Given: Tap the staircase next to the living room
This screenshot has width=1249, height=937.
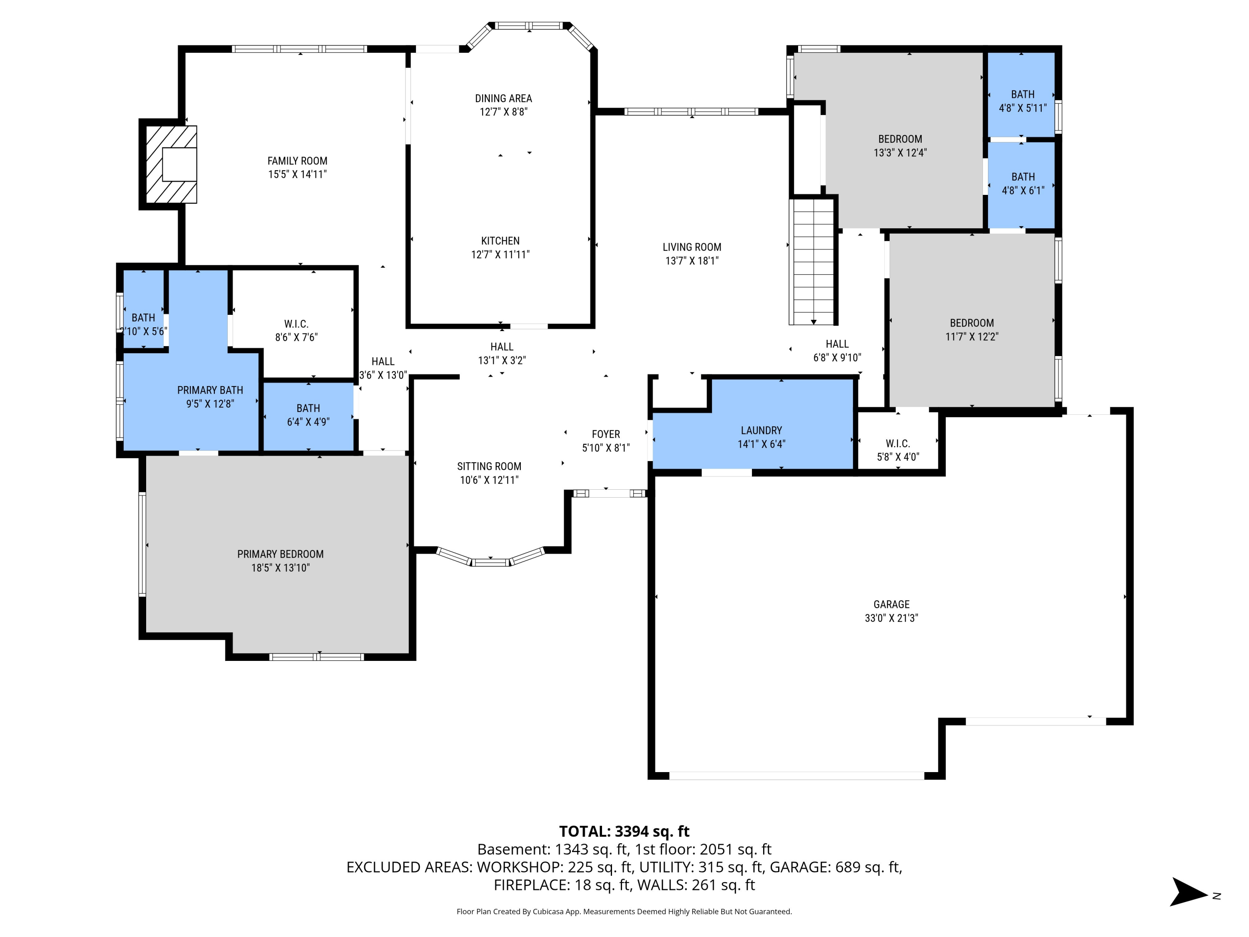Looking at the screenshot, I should (x=813, y=261).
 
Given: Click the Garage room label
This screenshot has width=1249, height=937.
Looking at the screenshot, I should (x=891, y=604).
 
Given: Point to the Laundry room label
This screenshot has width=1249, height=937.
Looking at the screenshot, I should (x=761, y=430).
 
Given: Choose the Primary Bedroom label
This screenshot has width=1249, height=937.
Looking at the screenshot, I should (x=280, y=554).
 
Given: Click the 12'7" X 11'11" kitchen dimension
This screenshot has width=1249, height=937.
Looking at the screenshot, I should (x=500, y=255).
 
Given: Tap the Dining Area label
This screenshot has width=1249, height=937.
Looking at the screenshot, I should (x=503, y=98).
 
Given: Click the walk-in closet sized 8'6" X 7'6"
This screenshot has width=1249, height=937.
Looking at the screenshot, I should (x=296, y=330).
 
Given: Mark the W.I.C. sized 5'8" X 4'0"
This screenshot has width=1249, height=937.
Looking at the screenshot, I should (x=898, y=450).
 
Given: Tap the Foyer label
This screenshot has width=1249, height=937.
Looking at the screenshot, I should (x=605, y=434).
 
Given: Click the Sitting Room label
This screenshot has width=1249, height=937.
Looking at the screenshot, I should (x=489, y=466).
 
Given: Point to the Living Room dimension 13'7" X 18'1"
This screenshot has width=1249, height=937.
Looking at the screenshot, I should (x=692, y=261).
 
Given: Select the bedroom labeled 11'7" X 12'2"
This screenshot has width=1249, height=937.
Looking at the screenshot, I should (x=971, y=330).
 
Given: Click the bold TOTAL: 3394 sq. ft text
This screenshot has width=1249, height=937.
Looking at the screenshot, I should (x=624, y=831).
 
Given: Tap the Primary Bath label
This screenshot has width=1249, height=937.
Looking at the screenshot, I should (x=210, y=390).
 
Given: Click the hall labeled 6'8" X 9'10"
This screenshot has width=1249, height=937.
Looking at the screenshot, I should (x=837, y=351).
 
